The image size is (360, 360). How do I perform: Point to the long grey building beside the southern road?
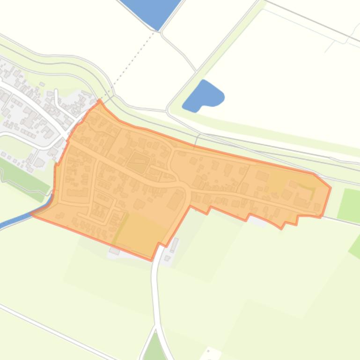tap(174, 245)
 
